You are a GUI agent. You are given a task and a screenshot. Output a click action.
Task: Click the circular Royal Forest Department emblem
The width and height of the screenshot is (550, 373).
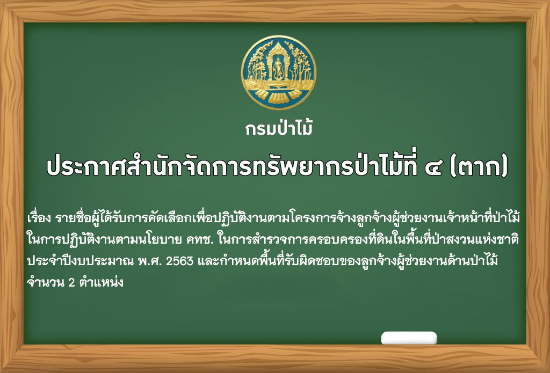point(279,72)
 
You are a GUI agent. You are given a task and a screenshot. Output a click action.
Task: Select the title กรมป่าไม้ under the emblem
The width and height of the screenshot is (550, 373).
point(279,128)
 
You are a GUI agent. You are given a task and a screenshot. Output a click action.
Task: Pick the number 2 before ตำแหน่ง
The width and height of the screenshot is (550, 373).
point(71,283)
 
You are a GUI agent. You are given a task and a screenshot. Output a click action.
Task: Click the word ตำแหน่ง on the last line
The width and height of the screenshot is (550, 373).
point(101,282)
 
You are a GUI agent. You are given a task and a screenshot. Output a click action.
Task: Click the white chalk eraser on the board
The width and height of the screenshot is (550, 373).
point(409,338)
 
